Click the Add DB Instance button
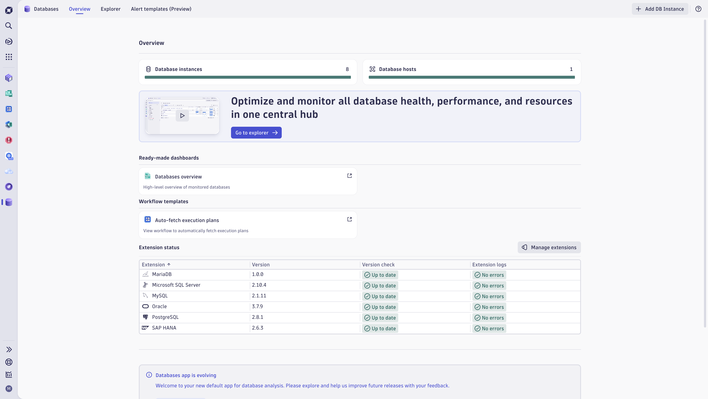(x=660, y=9)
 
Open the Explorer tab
(x=110, y=9)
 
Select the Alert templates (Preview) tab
(x=161, y=9)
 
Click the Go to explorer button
(x=256, y=133)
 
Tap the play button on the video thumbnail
(x=182, y=116)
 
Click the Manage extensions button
(x=549, y=247)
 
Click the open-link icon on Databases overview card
(x=349, y=176)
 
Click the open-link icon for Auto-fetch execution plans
(x=349, y=219)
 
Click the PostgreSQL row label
(x=165, y=317)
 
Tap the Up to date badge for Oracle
(x=380, y=307)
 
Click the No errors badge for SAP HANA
(x=489, y=328)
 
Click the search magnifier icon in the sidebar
(x=9, y=26)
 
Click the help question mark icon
(x=698, y=9)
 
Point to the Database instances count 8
(x=347, y=69)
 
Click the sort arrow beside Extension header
(x=169, y=264)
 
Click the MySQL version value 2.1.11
(x=259, y=296)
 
